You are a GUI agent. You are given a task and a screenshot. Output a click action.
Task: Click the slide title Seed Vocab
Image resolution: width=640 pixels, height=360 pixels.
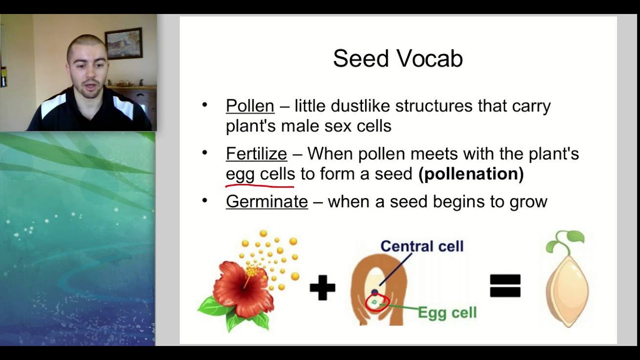397,58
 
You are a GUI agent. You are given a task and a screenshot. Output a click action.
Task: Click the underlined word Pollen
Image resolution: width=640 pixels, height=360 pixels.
250,106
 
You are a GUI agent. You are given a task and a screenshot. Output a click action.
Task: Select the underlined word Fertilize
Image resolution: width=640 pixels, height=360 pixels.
256,153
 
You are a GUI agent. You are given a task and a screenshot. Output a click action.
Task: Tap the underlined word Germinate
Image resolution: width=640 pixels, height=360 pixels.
266,201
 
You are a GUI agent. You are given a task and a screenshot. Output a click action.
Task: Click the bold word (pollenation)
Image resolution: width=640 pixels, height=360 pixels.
471,174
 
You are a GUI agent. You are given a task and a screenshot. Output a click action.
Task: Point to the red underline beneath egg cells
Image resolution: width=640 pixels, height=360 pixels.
260,186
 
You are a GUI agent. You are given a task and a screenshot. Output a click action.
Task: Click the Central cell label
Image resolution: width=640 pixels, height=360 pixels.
421,246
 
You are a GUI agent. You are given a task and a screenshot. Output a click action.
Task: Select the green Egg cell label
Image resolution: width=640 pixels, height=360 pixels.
447,313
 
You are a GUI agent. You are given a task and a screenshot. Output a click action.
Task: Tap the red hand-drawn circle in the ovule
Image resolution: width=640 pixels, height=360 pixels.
377,303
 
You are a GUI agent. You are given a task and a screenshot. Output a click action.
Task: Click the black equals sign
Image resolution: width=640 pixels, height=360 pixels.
505,286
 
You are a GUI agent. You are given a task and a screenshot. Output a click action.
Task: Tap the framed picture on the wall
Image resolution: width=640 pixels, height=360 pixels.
123,43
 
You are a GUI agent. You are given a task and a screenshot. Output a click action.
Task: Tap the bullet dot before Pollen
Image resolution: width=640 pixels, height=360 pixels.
204,105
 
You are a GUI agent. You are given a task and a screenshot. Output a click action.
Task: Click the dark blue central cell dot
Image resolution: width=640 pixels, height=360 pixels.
374,292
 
